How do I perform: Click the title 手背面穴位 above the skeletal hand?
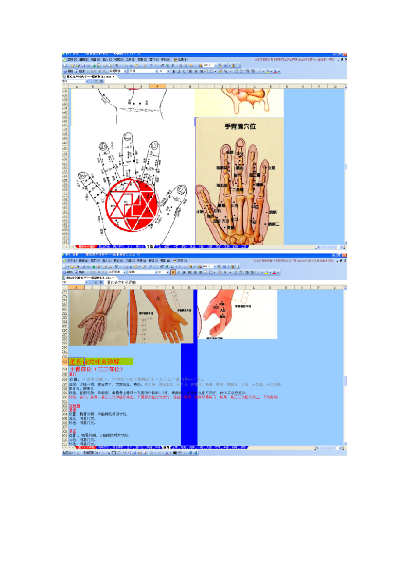[x=240, y=126]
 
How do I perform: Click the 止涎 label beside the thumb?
[x=200, y=211]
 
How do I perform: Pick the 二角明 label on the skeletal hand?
[x=237, y=190]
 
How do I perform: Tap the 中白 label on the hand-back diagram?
[x=254, y=206]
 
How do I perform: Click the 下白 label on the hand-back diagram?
[x=253, y=221]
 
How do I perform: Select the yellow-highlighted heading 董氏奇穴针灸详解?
[x=100, y=362]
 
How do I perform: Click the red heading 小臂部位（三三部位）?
[x=96, y=369]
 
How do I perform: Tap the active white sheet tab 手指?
[x=150, y=247]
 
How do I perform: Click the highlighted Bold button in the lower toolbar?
[x=173, y=272]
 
